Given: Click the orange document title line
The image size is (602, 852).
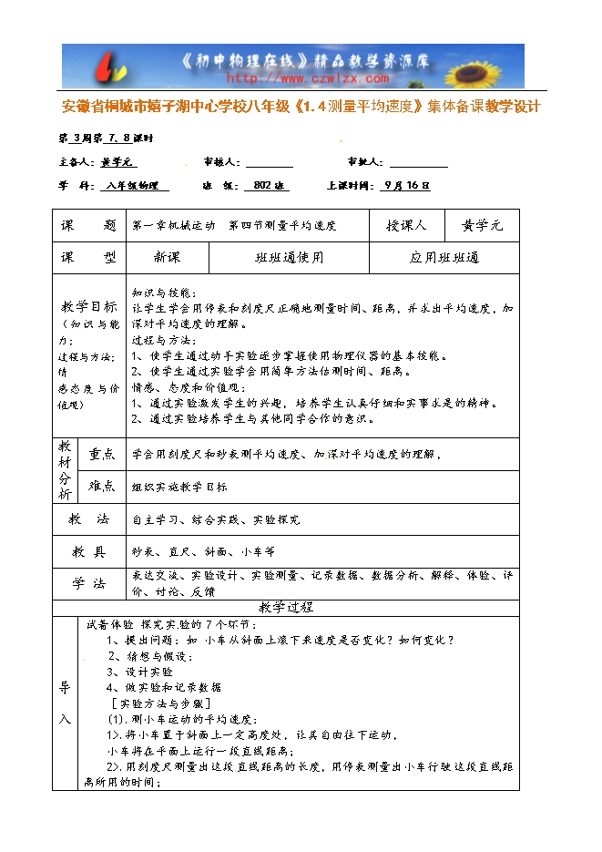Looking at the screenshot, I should [301, 107].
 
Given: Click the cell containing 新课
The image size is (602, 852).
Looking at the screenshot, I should [167, 258].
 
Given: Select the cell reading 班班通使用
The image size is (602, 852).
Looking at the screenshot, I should [289, 258].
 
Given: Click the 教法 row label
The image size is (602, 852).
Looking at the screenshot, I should [88, 519].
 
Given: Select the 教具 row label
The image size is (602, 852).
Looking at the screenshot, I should [88, 551].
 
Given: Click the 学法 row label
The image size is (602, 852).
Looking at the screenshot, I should [88, 583].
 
